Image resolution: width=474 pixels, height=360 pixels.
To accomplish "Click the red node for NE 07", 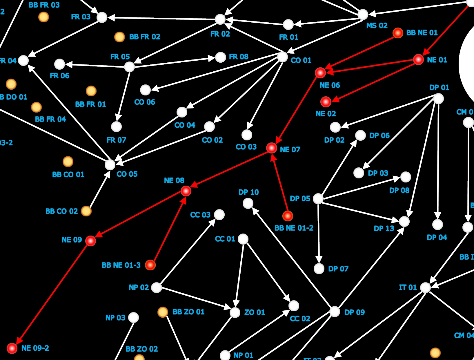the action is [x=272, y=148].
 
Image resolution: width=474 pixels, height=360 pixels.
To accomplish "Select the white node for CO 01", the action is [x=282, y=57].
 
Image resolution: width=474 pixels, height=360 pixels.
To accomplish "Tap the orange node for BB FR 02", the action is [x=119, y=37].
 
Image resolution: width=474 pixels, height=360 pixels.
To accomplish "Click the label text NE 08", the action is [x=174, y=180].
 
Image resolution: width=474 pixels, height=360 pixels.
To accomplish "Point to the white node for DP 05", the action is [x=318, y=199].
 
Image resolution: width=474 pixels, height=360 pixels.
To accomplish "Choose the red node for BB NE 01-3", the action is [x=150, y=265].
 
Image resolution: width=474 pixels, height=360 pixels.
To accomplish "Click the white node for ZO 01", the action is [x=235, y=312].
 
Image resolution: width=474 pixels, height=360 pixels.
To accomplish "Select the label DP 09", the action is [x=354, y=312].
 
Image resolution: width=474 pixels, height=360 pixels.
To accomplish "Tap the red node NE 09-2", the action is [x=12, y=348].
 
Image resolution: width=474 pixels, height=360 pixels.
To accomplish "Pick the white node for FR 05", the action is [x=129, y=67].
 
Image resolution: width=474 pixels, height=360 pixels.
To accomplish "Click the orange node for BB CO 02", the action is [x=86, y=211].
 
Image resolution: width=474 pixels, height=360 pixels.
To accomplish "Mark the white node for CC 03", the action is [x=219, y=215].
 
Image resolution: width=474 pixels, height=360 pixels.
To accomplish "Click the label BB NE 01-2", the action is [x=294, y=228].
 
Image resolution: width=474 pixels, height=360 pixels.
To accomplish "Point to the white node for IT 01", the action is [x=425, y=287].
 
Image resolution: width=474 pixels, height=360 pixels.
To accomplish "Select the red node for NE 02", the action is [x=326, y=102].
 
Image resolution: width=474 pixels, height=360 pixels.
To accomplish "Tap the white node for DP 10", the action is [x=248, y=203].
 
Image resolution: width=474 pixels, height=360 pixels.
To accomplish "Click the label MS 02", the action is [x=377, y=26].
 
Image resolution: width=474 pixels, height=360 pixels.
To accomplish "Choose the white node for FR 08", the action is [x=221, y=57].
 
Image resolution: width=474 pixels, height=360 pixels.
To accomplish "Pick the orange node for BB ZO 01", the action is [x=163, y=312].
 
